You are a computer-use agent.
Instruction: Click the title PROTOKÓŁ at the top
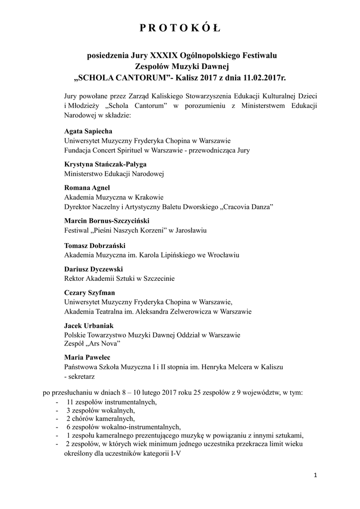pyautogui.click(x=180, y=28)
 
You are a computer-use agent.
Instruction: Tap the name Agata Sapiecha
pyautogui.click(x=89, y=131)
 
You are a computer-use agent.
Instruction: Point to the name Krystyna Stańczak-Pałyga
pyautogui.click(x=105, y=164)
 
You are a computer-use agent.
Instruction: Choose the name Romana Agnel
pyautogui.click(x=87, y=187)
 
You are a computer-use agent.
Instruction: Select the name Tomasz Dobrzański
pyautogui.click(x=94, y=246)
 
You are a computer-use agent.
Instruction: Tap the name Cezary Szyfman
pyautogui.click(x=90, y=292)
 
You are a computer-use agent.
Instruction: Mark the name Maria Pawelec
pyautogui.click(x=88, y=357)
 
